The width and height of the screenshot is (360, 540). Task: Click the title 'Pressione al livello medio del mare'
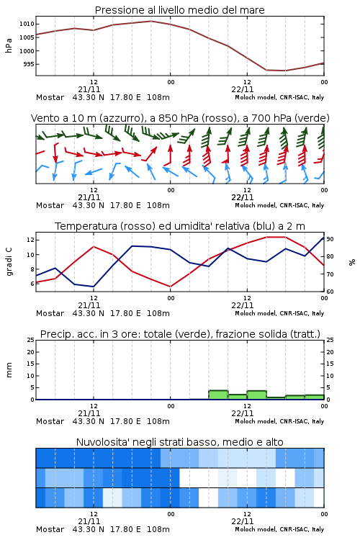tap(179, 10)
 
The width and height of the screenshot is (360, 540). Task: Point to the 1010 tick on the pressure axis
tap(27, 24)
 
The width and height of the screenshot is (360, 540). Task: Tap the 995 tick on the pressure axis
tap(29, 64)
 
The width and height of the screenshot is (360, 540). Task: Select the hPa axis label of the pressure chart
tap(9, 45)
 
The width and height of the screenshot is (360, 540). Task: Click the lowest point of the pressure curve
tap(285, 71)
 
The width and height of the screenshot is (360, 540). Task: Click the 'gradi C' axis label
tap(9, 262)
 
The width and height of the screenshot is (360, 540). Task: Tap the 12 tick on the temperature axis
tap(30, 240)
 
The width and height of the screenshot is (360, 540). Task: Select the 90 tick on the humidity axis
tap(330, 239)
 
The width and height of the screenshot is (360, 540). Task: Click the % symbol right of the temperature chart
tap(352, 262)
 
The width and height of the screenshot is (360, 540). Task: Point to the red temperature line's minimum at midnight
tap(170, 287)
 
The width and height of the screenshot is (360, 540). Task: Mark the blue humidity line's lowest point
tap(94, 287)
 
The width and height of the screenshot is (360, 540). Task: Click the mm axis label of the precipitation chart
tap(9, 370)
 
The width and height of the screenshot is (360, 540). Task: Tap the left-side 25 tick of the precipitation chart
tap(31, 340)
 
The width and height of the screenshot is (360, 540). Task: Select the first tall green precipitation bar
tap(218, 395)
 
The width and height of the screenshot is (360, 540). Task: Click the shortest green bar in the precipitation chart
tap(276, 398)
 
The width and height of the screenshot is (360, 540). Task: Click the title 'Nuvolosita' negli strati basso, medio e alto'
tap(179, 442)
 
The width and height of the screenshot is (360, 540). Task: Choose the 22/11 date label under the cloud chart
tap(242, 521)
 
